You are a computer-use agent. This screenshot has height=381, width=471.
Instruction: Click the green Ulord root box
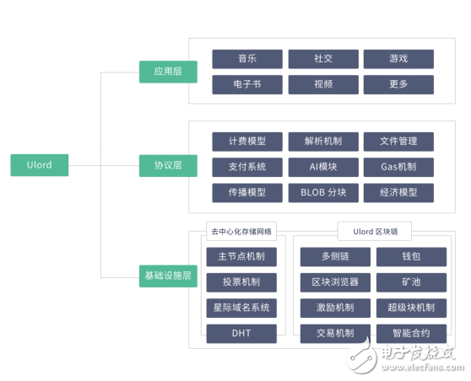click(40, 165)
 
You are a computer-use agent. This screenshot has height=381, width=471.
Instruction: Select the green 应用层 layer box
click(168, 72)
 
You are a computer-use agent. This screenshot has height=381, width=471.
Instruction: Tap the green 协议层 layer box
click(168, 165)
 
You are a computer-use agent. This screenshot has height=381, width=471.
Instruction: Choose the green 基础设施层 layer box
click(168, 276)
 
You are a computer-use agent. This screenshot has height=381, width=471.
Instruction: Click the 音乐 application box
click(247, 59)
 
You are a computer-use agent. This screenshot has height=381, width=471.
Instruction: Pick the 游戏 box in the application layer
click(398, 59)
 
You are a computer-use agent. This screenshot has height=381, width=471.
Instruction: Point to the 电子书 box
click(247, 84)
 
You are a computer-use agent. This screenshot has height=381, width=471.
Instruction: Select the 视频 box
click(323, 84)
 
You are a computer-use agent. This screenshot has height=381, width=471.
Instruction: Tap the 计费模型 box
click(247, 142)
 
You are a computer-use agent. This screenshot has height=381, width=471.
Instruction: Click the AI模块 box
click(323, 167)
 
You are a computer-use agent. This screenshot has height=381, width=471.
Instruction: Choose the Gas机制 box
click(398, 167)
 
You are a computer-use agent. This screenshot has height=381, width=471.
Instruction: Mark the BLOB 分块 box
click(323, 192)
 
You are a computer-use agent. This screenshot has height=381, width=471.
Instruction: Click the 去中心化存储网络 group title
click(241, 231)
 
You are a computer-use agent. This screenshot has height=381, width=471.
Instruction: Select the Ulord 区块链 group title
click(375, 231)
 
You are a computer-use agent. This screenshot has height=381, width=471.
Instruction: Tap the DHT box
click(241, 334)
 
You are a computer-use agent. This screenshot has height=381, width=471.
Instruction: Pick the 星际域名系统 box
click(241, 309)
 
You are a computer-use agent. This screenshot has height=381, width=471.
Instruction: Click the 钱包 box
click(412, 257)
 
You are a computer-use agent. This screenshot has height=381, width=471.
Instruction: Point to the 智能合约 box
click(412, 334)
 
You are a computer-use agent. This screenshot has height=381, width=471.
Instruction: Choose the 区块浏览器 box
click(335, 282)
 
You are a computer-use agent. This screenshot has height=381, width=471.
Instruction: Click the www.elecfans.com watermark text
click(423, 368)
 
